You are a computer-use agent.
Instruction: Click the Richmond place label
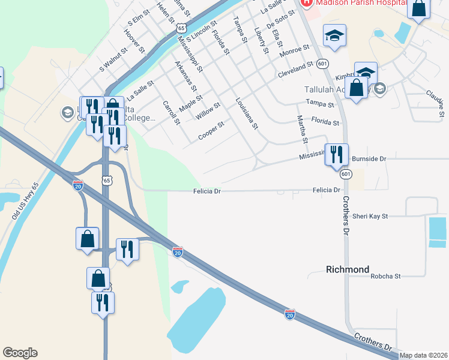pyautogui.click(x=348, y=269)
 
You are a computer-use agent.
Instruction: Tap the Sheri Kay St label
pyautogui.click(x=370, y=216)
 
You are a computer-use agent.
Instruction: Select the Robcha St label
pyautogui.click(x=385, y=277)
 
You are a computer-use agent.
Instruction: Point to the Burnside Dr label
pyautogui.click(x=369, y=159)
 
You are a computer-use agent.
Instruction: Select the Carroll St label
pyautogui.click(x=171, y=112)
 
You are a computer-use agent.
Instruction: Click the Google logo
pyautogui.click(x=20, y=353)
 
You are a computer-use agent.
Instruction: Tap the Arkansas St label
pyautogui.click(x=185, y=75)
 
